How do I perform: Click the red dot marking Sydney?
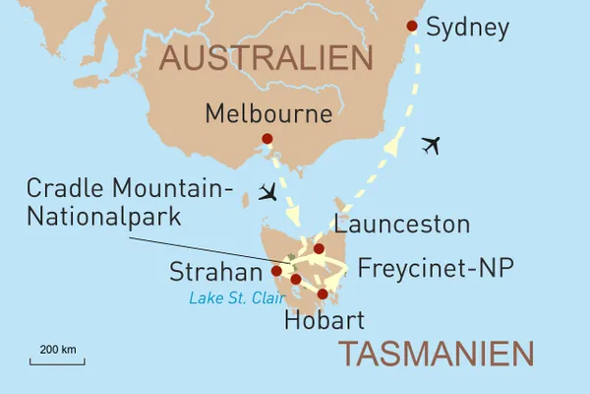coord(412,26)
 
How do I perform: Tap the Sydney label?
coord(467,28)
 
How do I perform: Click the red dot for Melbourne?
coord(266,139)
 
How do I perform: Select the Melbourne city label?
coord(268,113)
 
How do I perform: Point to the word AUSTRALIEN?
coord(265,59)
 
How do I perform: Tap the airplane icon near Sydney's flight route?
coord(430,146)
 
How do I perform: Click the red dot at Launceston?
coord(319,248)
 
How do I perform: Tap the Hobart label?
coord(324,320)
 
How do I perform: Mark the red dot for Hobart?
coord(323,294)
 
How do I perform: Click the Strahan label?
coord(214,270)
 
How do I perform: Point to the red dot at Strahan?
coord(276,270)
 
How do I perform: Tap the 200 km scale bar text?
coord(58,350)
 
